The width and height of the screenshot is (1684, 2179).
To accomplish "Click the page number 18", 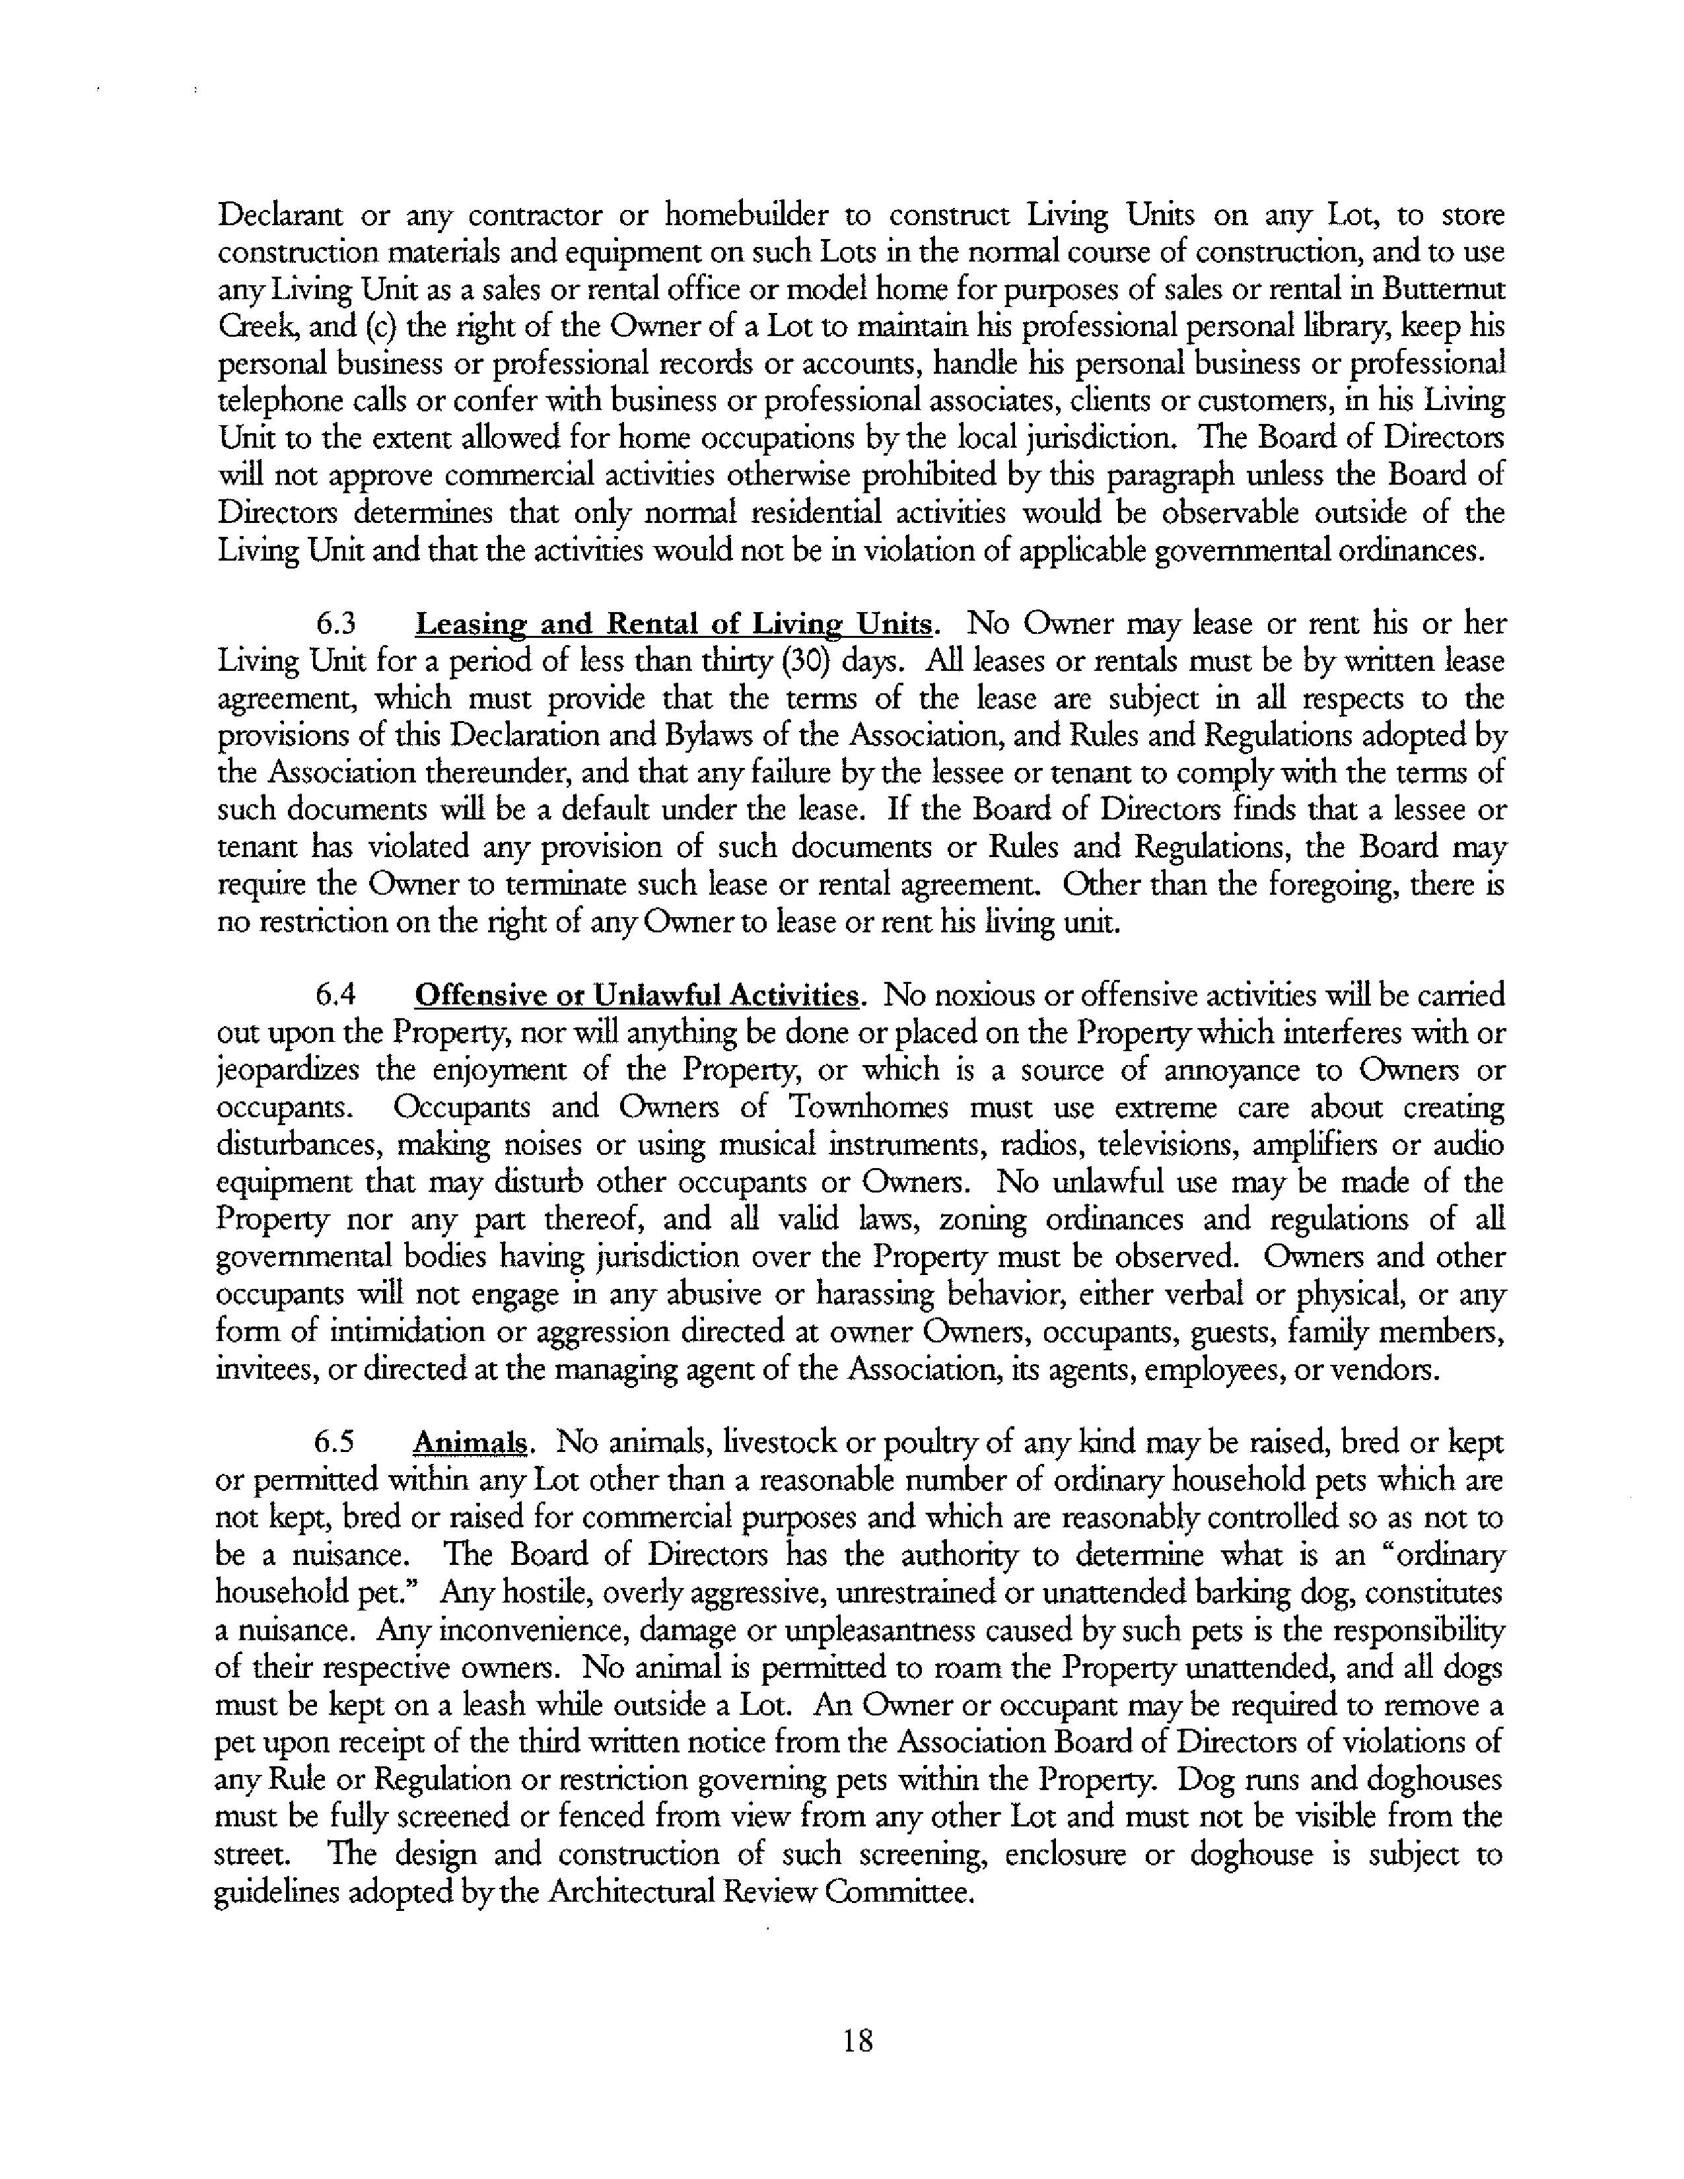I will pos(858,2040).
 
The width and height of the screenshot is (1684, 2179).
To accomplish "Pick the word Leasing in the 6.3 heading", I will pos(472,625).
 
